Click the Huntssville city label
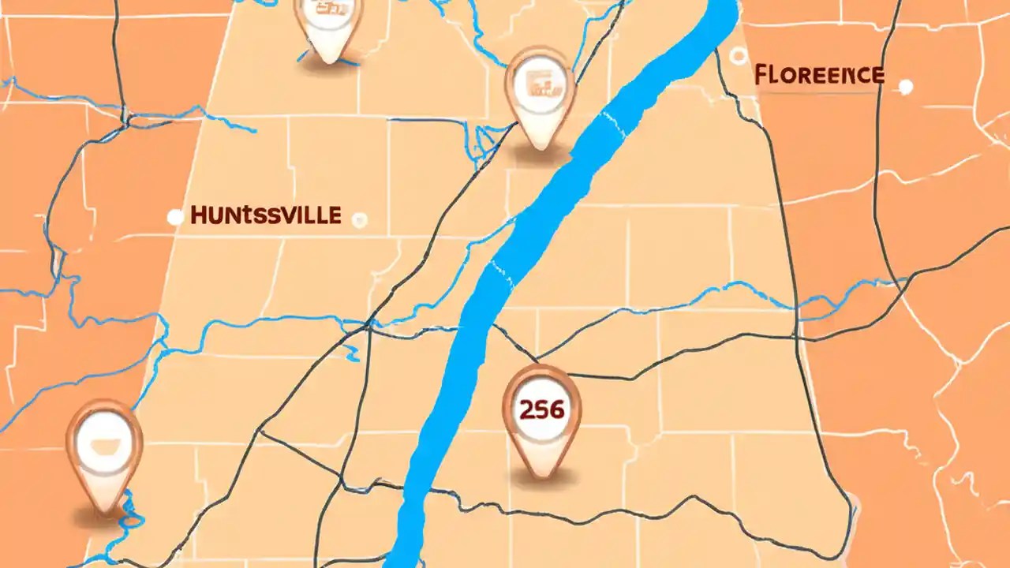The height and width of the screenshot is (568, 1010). point(266,215)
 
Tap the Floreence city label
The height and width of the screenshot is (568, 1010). point(819,76)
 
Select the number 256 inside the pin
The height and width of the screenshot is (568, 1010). point(541,409)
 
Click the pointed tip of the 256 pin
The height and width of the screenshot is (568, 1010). point(541,473)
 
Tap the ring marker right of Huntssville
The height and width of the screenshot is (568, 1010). point(360,219)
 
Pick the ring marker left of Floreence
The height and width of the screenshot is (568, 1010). point(738,55)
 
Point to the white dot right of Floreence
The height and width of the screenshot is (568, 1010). point(906,86)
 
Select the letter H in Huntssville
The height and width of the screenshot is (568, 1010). point(198,216)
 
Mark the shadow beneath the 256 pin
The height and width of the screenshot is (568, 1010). point(541,478)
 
